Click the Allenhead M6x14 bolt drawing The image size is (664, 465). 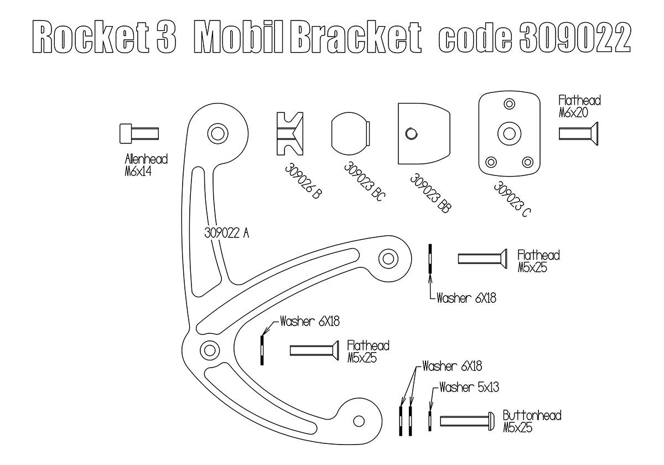139,133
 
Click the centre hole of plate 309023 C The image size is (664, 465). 508,132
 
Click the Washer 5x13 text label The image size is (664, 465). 469,387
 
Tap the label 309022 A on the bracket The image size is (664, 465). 226,233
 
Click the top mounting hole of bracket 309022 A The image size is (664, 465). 216,132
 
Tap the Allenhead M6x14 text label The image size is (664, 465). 146,166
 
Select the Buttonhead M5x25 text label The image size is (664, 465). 532,421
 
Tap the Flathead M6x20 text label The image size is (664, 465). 579,106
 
